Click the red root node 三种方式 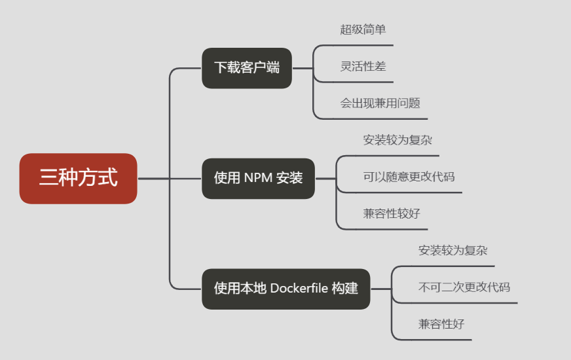pyautogui.click(x=78, y=178)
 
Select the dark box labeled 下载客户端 pyautogui.click(x=246, y=67)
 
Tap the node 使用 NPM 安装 pyautogui.click(x=258, y=178)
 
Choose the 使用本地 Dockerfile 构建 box pyautogui.click(x=285, y=289)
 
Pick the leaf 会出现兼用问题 pyautogui.click(x=380, y=103)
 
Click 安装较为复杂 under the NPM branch pyautogui.click(x=397, y=139)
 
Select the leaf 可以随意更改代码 pyautogui.click(x=409, y=176)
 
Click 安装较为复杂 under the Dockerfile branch pyautogui.click(x=452, y=250)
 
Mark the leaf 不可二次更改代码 pyautogui.click(x=464, y=287)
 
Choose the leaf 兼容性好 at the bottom pyautogui.click(x=441, y=323)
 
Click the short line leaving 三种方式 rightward pyautogui.click(x=153, y=178)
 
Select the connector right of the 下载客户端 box pyautogui.click(x=302, y=67)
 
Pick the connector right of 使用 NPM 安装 pyautogui.click(x=325, y=178)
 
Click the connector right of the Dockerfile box pyautogui.click(x=380, y=289)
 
